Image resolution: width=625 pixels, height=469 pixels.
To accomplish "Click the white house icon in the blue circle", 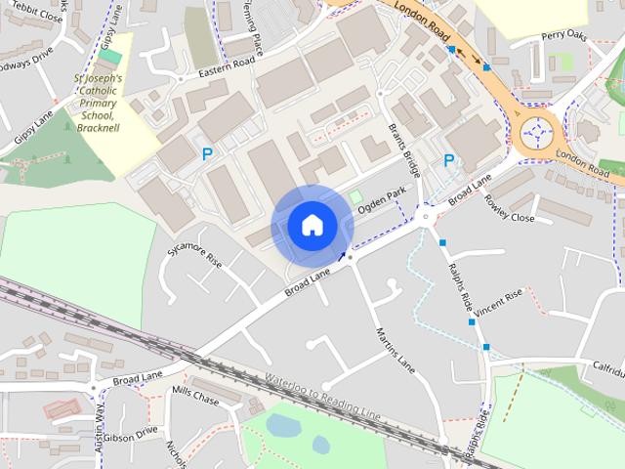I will (x=312, y=226).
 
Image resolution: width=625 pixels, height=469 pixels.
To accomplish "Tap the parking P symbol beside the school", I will (x=207, y=154).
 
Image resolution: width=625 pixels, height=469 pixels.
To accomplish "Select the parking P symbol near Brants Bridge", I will (x=448, y=161).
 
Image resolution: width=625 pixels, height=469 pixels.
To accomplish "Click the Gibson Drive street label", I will (x=130, y=433).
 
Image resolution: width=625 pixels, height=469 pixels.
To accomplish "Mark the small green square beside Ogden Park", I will (x=356, y=197).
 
